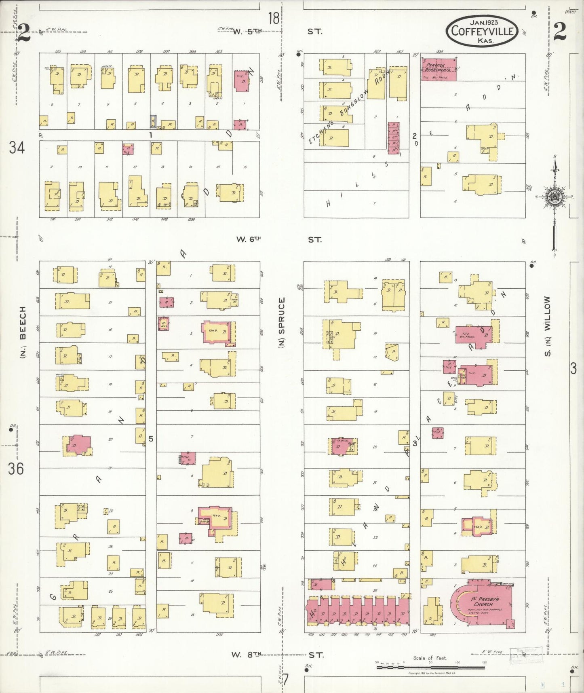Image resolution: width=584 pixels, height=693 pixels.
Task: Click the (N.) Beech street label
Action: coord(23,332)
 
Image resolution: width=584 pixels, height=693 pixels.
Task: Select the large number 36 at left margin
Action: coord(16,469)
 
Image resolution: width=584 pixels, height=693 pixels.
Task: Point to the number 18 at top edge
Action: coord(274,18)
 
